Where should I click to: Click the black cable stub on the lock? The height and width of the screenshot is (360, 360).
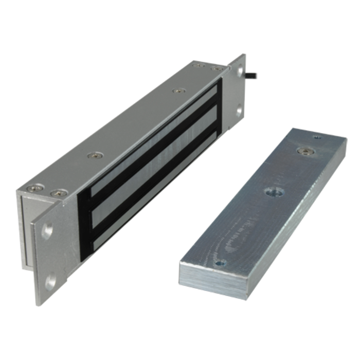coord(254,76)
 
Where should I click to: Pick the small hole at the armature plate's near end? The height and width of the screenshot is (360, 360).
coord(220,263)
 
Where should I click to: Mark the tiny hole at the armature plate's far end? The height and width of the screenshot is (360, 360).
coord(317,137)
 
